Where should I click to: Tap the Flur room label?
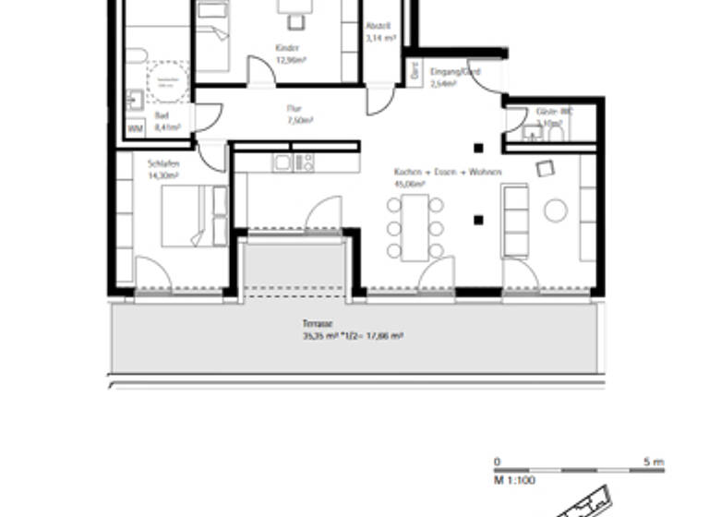point(294,108)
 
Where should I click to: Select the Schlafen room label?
point(162,164)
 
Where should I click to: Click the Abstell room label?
point(379,26)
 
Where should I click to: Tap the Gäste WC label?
point(554,111)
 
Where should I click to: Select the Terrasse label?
point(316,324)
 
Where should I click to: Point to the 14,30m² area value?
point(162,175)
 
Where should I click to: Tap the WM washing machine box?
point(135,128)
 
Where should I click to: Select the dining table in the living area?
point(415,227)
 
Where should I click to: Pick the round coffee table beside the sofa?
point(555,211)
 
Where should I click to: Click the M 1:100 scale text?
point(514,480)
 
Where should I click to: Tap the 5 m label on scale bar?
point(653,461)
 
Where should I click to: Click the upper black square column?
point(478,148)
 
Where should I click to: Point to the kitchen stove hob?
point(304,163)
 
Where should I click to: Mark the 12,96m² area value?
point(290,60)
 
